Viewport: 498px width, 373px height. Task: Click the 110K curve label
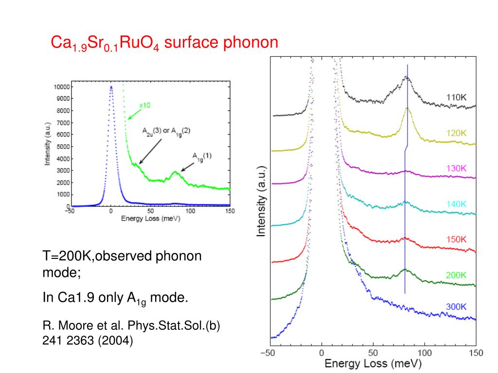pos(456,97)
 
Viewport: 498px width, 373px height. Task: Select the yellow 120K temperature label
pos(456,133)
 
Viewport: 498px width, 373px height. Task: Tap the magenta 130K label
pos(456,169)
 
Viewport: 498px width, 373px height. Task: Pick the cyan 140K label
pos(456,204)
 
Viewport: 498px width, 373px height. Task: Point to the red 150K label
pos(456,239)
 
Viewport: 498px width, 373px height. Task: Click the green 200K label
pos(456,275)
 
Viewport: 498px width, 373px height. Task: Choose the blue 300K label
pos(456,307)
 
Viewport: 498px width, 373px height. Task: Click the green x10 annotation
pos(144,105)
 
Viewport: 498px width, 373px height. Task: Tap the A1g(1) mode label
pos(202,156)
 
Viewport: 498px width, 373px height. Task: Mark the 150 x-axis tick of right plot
pos(475,353)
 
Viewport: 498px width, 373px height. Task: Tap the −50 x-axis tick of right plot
pos(267,353)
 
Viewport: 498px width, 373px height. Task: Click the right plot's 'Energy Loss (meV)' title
pos(373,363)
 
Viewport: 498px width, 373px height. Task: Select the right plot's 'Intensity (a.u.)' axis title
pos(261,202)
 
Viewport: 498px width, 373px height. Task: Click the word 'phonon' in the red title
pos(250,43)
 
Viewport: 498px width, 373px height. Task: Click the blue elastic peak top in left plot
pos(111,87)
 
